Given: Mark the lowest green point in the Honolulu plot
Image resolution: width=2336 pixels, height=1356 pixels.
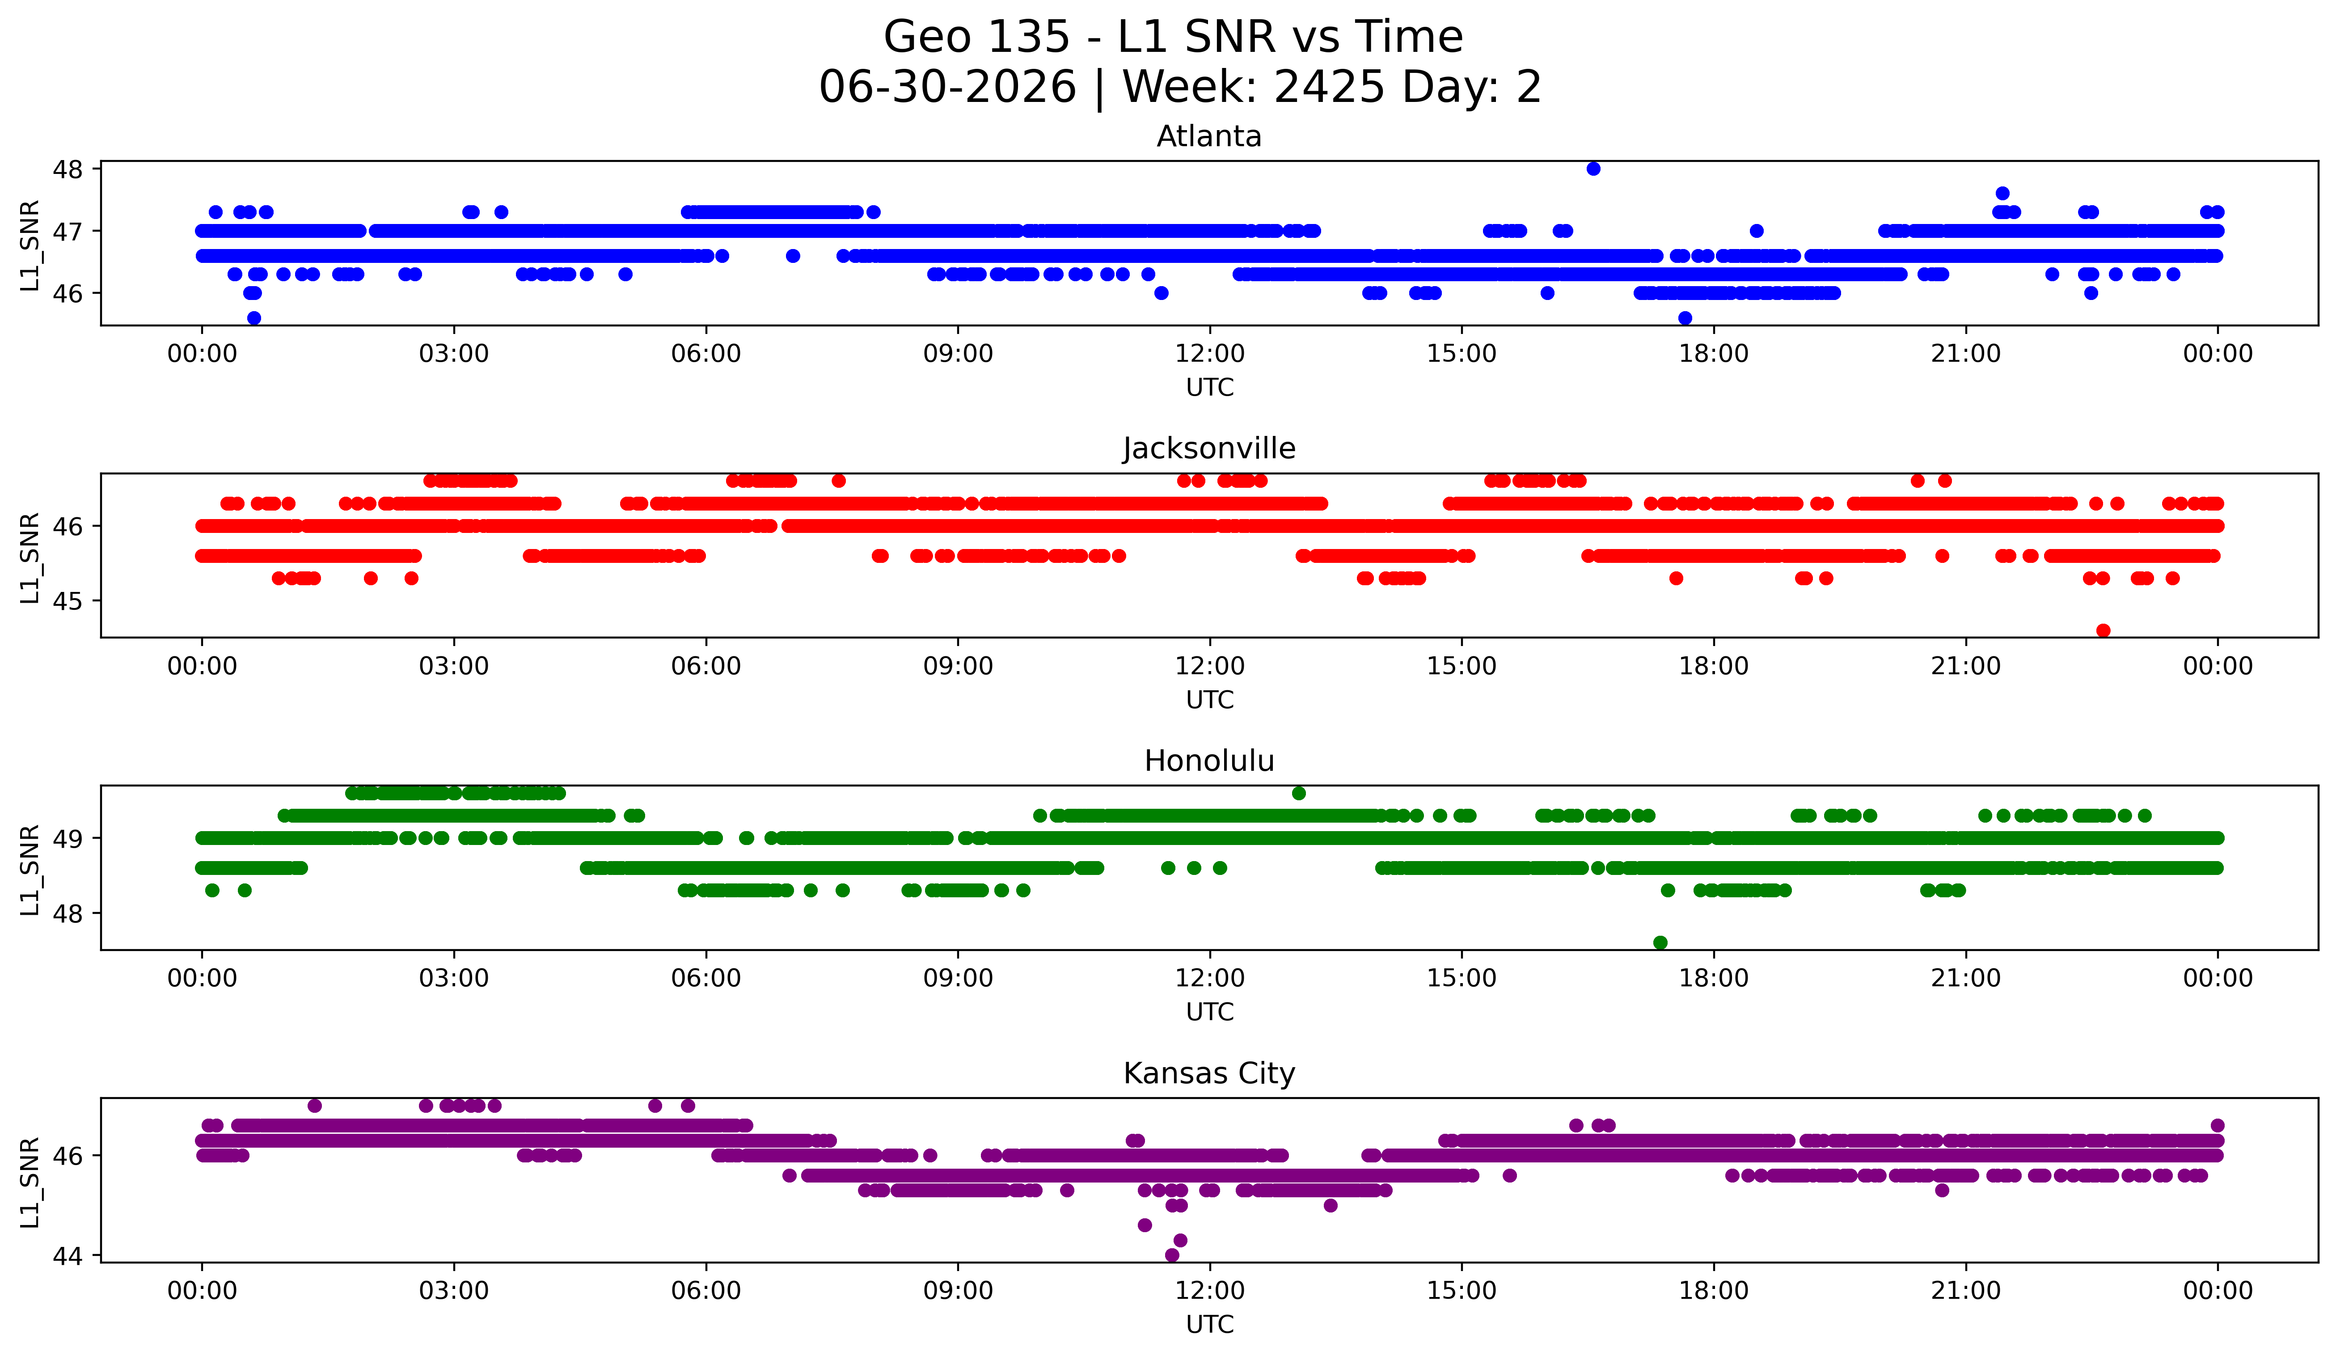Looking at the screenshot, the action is tap(1660, 942).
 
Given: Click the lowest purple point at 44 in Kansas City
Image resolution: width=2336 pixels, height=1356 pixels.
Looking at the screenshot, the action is tap(1172, 1255).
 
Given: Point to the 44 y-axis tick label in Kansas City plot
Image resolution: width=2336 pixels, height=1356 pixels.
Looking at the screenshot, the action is tap(68, 1256).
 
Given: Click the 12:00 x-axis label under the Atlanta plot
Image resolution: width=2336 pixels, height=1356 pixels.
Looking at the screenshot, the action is tap(1210, 354).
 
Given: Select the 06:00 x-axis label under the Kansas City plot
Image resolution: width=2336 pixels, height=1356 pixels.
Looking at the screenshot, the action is tap(706, 1291).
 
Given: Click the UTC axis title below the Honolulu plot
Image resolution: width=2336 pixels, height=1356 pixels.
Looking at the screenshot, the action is tap(1210, 1012).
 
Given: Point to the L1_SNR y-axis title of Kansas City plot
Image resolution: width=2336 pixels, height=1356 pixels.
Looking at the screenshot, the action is tap(30, 1183).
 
